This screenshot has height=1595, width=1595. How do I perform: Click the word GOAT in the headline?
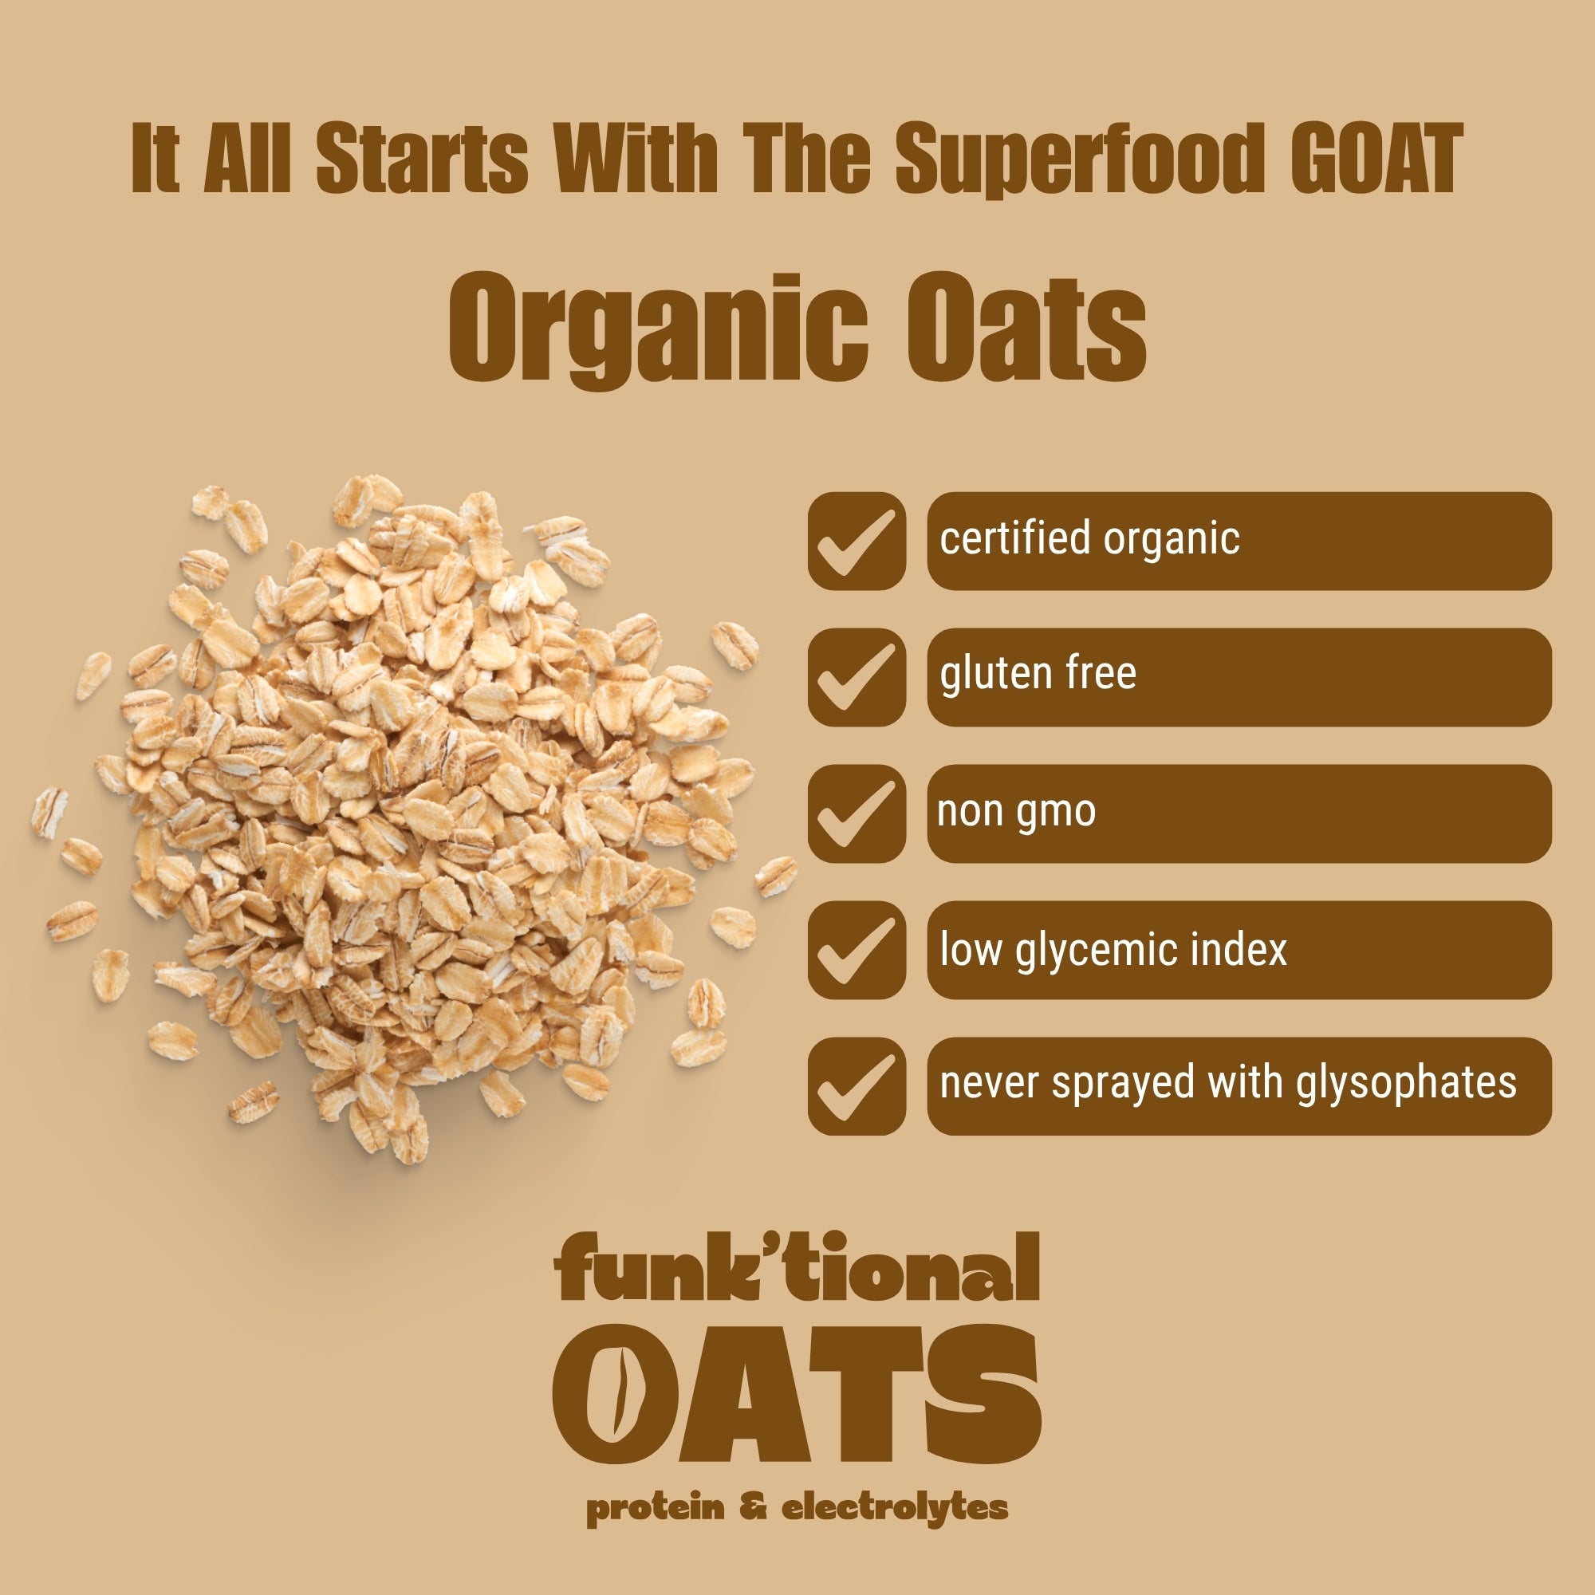click(1376, 159)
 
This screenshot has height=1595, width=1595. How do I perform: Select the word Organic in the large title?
click(657, 329)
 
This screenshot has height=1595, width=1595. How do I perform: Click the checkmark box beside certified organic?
click(856, 541)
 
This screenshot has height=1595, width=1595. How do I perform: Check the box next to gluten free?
click(856, 677)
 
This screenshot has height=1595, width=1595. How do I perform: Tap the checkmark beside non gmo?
click(856, 813)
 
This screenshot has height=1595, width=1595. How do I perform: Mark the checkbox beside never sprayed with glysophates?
click(856, 1085)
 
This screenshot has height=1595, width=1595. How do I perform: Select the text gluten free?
click(1038, 673)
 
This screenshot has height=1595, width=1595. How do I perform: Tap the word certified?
click(1014, 538)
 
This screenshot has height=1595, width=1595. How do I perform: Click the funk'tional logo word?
click(797, 1267)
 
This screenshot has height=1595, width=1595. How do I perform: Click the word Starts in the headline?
click(421, 159)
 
